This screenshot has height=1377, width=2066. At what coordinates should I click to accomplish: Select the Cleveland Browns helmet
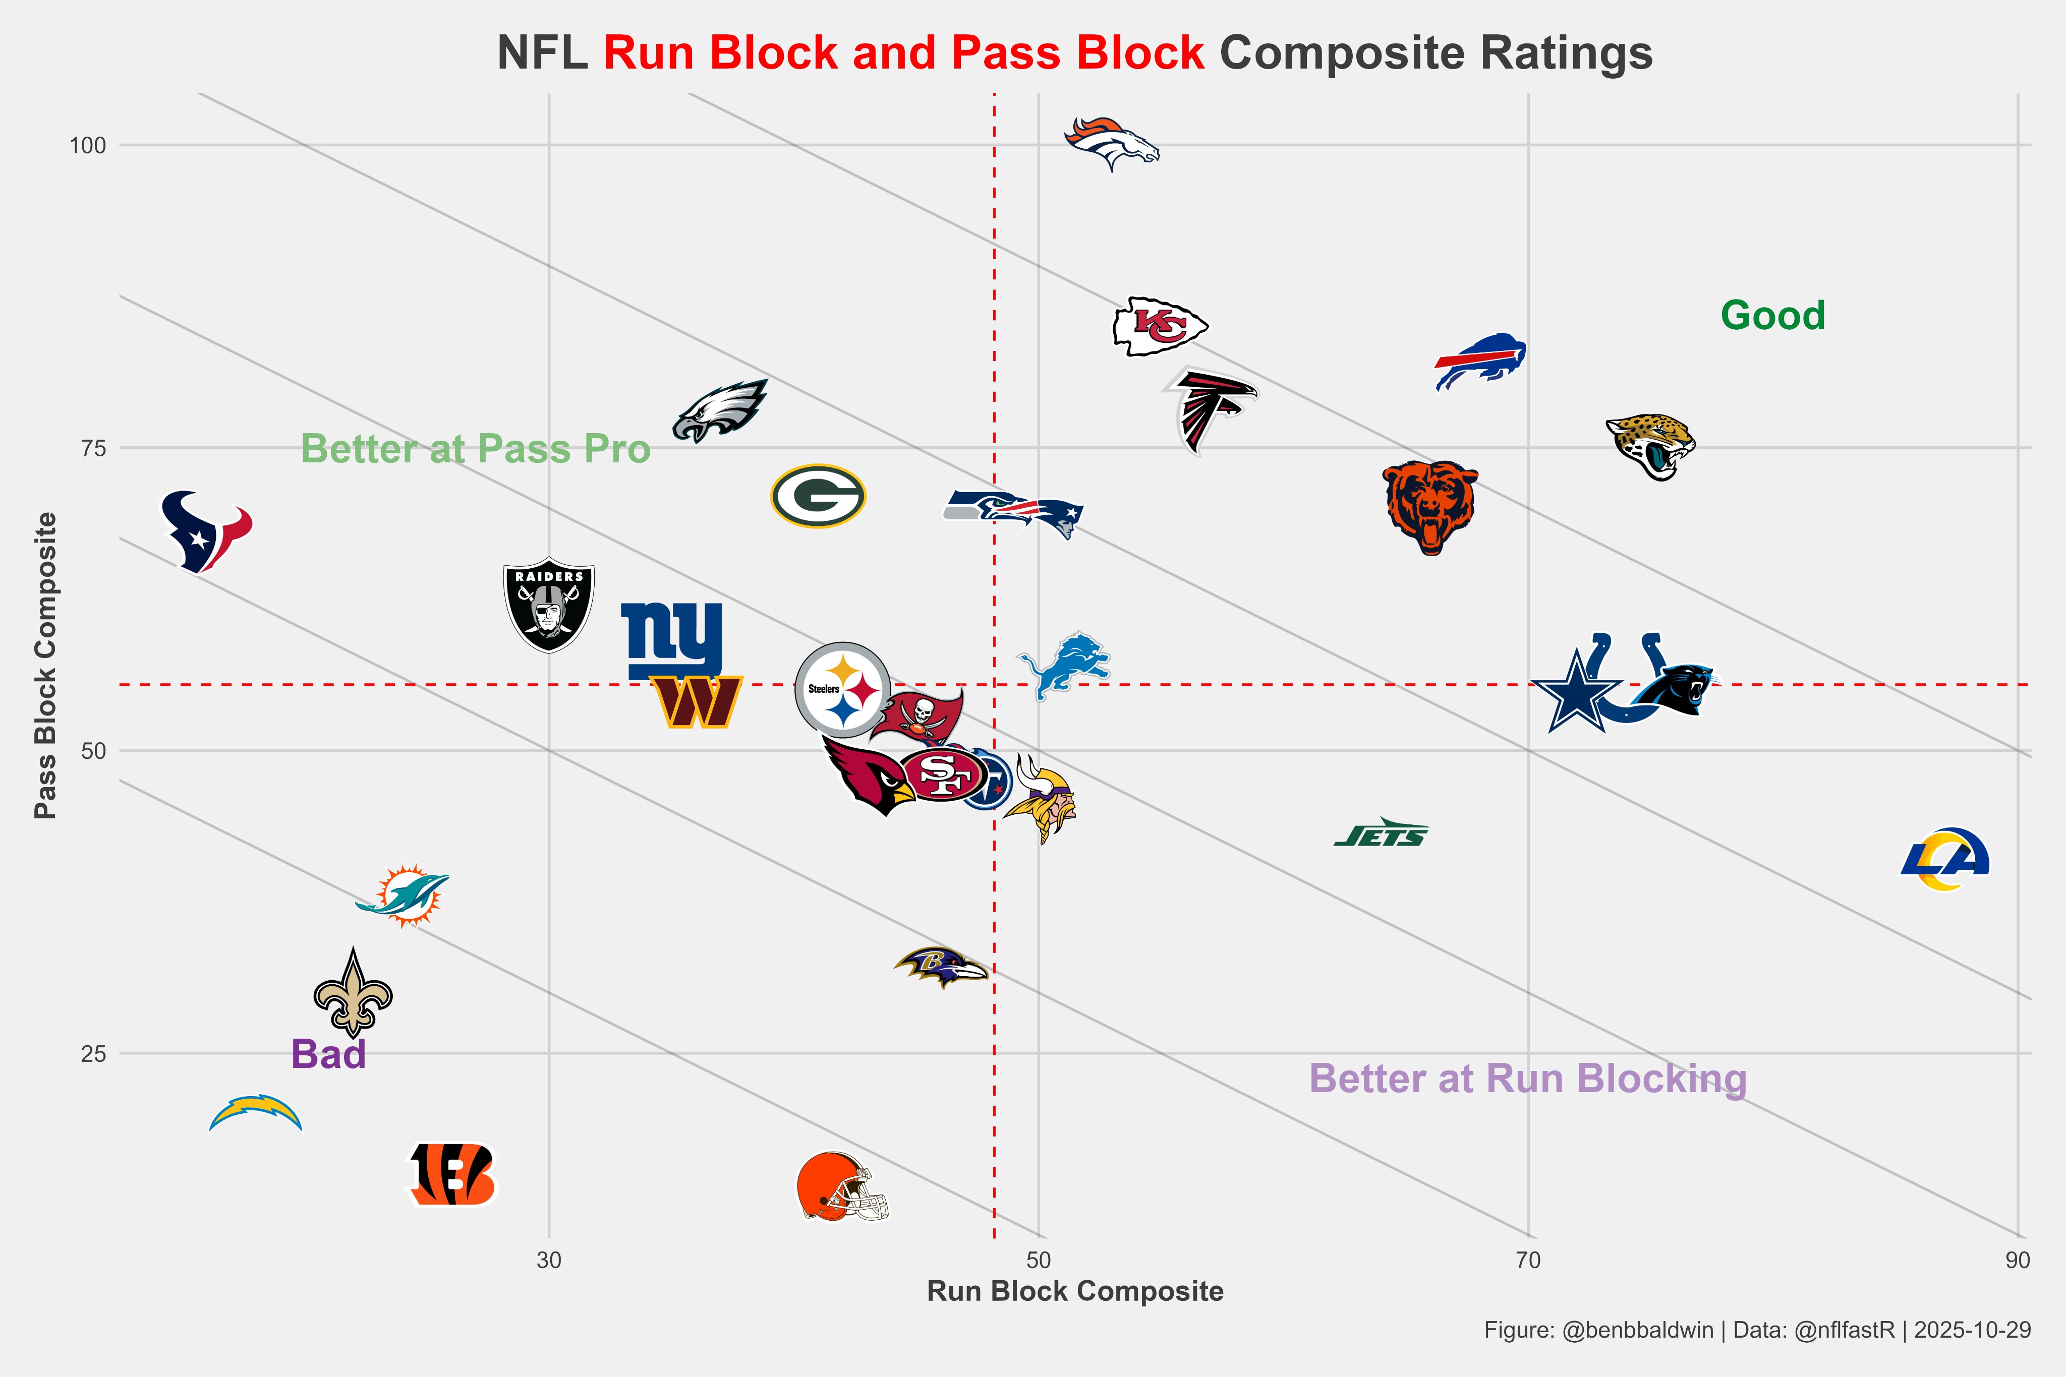[841, 1186]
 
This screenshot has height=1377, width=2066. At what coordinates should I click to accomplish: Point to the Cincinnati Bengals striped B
[452, 1174]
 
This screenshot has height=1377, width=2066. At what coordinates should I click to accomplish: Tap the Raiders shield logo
[549, 604]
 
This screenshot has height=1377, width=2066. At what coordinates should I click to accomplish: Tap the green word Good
[1772, 315]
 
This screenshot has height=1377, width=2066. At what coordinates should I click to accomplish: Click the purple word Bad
[328, 1054]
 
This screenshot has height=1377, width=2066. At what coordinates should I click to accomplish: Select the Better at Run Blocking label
[1527, 1079]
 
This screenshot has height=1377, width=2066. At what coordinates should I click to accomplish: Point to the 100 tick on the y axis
[88, 146]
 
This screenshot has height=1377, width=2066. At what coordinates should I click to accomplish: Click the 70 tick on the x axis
[1528, 1260]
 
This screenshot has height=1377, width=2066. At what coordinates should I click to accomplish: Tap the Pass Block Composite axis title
[46, 666]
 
